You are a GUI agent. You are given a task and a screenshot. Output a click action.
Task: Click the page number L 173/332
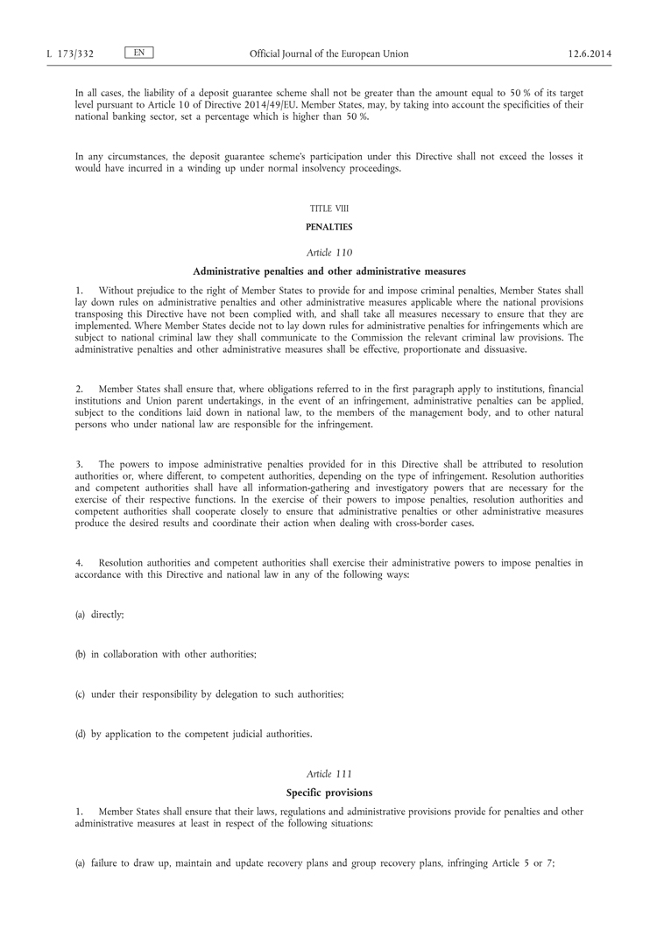click(70, 54)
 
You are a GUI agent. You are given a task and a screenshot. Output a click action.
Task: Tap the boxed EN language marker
click(139, 53)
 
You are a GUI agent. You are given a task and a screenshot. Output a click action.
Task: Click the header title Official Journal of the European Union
click(328, 54)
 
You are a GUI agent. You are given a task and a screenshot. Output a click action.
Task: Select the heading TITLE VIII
click(328, 208)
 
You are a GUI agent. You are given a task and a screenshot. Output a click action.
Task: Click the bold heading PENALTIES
click(328, 227)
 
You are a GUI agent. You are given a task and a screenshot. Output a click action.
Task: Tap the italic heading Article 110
click(328, 252)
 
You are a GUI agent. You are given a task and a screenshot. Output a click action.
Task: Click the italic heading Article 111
click(328, 774)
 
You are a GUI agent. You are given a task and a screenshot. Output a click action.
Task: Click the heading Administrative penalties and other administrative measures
click(328, 270)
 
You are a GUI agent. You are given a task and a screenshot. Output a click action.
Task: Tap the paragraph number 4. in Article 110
click(78, 562)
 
